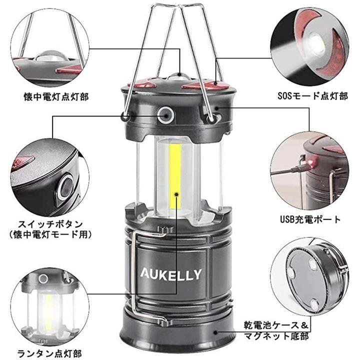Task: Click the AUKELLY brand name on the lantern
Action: [171, 274]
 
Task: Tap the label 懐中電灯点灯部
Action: [56, 96]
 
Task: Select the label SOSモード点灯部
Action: [312, 96]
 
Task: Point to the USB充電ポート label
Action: [310, 219]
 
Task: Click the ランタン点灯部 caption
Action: [49, 353]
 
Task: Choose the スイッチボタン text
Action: [50, 224]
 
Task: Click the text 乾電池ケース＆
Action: [276, 325]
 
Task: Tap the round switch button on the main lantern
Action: [165, 113]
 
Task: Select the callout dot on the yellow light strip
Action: [176, 194]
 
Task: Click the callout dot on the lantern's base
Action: [215, 332]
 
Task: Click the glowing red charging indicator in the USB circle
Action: [312, 163]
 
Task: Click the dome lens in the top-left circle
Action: [51, 56]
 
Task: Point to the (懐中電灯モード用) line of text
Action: [50, 234]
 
